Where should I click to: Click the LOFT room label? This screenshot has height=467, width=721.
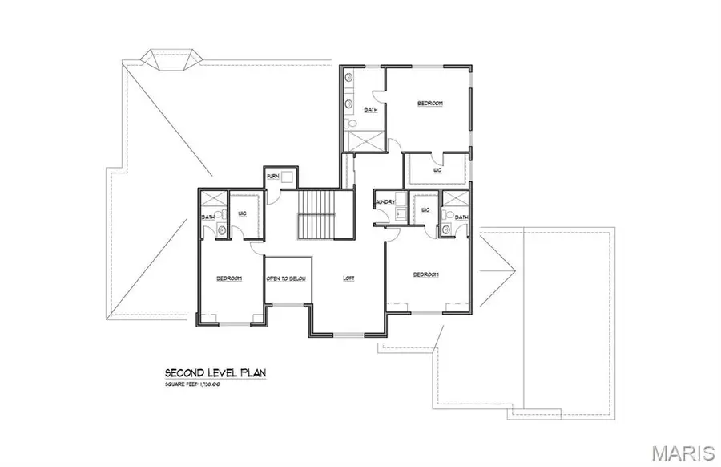point(348,278)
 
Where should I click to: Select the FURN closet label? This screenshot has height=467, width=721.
point(272,176)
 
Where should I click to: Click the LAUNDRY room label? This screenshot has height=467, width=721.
point(382,202)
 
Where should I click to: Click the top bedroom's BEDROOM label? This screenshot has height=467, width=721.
point(429,104)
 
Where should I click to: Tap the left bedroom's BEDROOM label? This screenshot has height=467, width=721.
point(229,278)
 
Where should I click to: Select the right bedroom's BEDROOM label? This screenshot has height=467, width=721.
point(425,274)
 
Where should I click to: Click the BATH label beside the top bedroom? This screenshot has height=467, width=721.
point(371,109)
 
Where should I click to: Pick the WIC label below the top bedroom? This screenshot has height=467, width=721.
point(437,169)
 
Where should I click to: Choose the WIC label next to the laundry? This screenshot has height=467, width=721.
point(424,209)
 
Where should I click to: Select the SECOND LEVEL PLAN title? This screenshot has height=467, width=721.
point(215,372)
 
